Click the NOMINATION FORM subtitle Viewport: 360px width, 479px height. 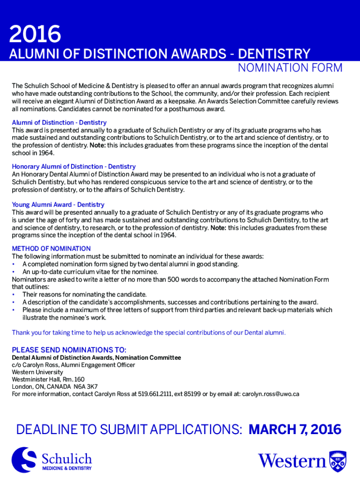290,68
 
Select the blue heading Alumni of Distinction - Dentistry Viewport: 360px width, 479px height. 59,123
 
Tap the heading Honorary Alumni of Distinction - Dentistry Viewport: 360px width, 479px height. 73,167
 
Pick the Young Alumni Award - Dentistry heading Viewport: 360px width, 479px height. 58,205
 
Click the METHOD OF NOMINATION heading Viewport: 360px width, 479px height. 51,248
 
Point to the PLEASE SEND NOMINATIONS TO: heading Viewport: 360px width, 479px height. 69,350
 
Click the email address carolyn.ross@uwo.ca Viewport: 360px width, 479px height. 270,394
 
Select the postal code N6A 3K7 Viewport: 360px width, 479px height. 85,386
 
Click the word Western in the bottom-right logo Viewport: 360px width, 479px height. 292,461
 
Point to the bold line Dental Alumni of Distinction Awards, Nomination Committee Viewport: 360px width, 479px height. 96,358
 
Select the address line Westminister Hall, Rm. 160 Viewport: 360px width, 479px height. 48,379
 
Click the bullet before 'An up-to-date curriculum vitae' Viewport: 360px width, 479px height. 14,272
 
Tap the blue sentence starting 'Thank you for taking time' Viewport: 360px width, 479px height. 148,333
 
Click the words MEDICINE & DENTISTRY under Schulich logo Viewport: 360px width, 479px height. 67,468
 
